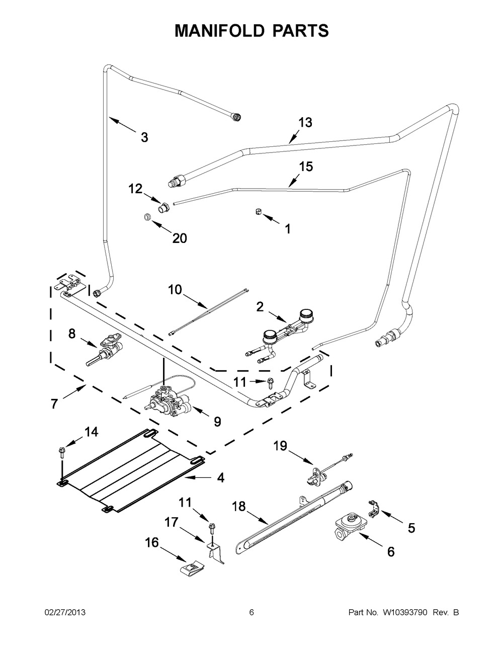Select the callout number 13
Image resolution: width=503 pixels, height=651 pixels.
[305, 122]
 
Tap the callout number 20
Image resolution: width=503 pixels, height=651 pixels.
[179, 238]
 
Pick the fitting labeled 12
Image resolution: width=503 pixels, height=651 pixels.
[163, 206]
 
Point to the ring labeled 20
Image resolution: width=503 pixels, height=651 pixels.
[146, 217]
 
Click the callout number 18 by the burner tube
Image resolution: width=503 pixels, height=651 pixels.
[239, 507]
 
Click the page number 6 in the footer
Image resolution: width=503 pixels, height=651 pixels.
[251, 612]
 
